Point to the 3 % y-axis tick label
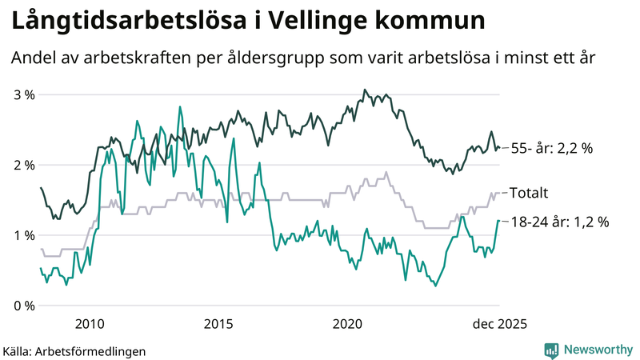click(x=25, y=94)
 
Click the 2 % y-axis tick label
click(x=25, y=165)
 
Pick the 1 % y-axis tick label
click(x=25, y=235)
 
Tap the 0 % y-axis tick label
click(x=25, y=306)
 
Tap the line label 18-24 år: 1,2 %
click(x=558, y=222)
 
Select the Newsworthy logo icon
click(x=551, y=350)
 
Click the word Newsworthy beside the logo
click(x=596, y=350)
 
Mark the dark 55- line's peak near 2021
click(x=365, y=90)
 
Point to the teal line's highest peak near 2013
click(x=179, y=106)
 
